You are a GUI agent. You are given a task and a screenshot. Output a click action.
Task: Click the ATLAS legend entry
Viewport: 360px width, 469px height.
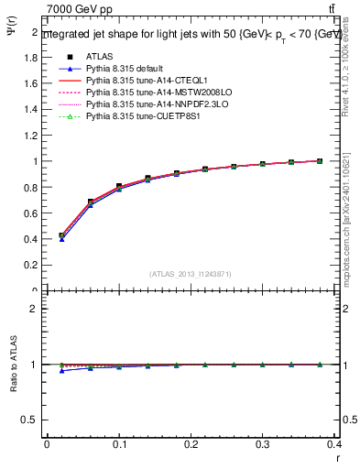pos(99,57)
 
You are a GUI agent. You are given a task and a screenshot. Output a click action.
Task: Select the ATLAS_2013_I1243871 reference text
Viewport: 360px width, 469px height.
pos(190,274)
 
